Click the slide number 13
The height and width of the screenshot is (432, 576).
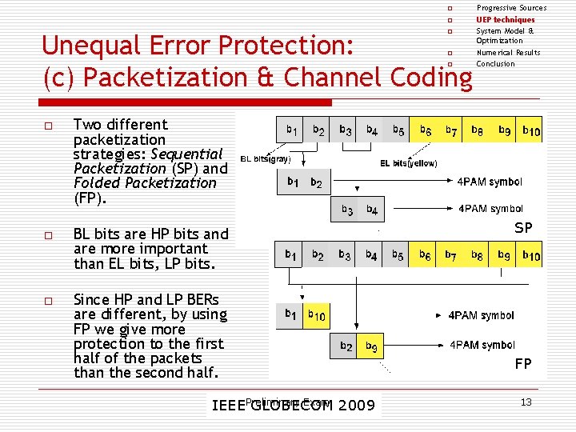click(x=526, y=402)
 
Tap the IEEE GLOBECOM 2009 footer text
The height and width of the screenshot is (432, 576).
click(x=293, y=405)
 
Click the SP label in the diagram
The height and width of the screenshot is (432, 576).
click(x=523, y=228)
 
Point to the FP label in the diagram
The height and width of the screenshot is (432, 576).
click(x=523, y=364)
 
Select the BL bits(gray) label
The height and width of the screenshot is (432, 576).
click(x=266, y=158)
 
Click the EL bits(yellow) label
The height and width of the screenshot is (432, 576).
click(x=408, y=163)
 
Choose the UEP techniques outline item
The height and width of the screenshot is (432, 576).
click(x=506, y=19)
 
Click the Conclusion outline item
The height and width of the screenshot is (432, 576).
click(x=496, y=64)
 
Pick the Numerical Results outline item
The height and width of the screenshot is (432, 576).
click(x=509, y=53)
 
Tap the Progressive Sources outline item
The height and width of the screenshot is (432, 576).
click(x=512, y=8)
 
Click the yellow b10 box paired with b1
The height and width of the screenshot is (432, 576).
click(x=318, y=315)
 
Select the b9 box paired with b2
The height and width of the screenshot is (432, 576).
click(x=372, y=346)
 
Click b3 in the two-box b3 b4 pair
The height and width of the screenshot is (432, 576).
click(x=346, y=210)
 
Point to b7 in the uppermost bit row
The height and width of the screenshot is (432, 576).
click(x=450, y=130)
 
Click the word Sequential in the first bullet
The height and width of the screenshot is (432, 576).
click(x=186, y=154)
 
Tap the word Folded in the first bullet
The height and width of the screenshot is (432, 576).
click(x=95, y=182)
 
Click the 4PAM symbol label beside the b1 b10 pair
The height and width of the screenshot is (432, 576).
click(x=482, y=315)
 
